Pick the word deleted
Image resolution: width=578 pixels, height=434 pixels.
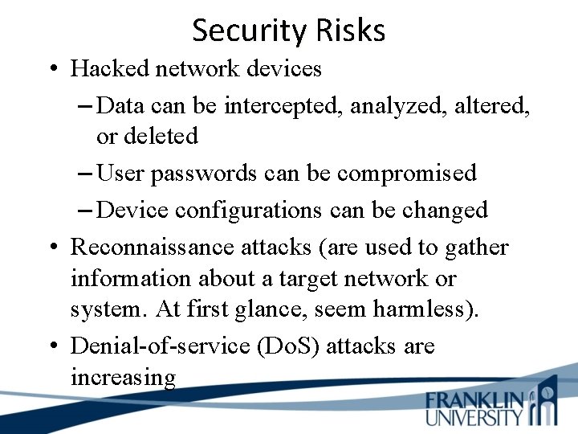coord(159,136)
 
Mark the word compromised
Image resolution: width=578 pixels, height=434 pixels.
coord(406,173)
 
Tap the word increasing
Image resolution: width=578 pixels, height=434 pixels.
coord(123,377)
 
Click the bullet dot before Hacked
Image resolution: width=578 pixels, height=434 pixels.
coord(51,70)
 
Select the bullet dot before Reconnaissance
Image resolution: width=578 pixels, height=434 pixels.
coord(51,248)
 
